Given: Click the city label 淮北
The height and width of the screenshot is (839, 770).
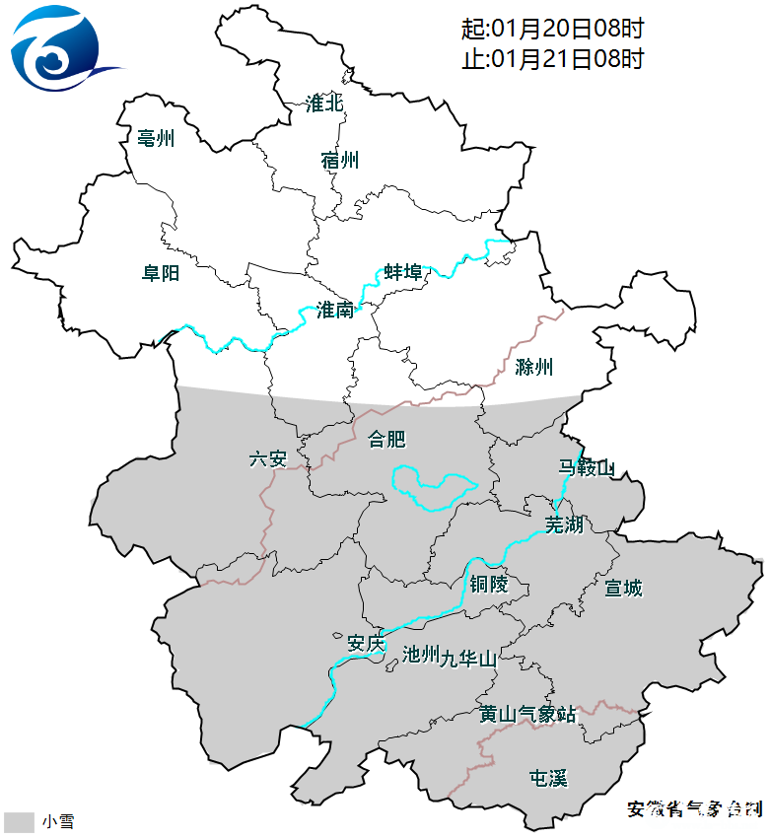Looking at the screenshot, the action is tap(323, 104).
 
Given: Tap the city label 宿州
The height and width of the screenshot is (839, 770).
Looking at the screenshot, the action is tap(340, 161).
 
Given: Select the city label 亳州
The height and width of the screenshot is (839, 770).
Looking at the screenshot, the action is tap(156, 139).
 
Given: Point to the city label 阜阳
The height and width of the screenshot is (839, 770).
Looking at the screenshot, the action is tap(160, 273).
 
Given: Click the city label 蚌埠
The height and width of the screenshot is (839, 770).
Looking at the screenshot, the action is tap(403, 272).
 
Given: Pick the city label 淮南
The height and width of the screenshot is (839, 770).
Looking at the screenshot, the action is tap(334, 311).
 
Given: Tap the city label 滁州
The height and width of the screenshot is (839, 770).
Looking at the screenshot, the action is tap(534, 368).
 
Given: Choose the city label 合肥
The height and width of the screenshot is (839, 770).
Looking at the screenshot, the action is tap(386, 439).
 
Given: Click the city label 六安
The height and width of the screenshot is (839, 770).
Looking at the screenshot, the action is tap(267, 458).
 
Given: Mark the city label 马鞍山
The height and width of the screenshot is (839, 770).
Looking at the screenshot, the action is tap(586, 467).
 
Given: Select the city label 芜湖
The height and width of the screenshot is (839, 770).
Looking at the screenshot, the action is tap(565, 524).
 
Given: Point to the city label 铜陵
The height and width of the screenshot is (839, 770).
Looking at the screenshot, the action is tap(488, 585).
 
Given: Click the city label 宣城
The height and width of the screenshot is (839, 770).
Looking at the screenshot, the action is tap(623, 589).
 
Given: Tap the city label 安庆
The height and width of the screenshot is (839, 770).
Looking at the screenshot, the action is tap(365, 645).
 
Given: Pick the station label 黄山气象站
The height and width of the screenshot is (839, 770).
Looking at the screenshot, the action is tap(527, 714).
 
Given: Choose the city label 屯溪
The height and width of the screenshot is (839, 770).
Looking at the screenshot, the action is tap(548, 779).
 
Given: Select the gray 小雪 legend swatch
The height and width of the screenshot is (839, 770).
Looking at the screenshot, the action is tap(19, 822).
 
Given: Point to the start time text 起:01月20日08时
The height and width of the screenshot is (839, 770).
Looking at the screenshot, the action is tap(552, 29).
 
